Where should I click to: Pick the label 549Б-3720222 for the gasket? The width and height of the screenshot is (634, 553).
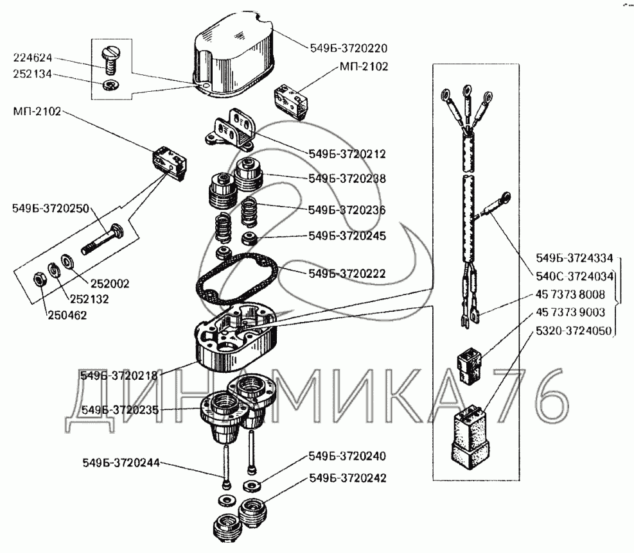347,273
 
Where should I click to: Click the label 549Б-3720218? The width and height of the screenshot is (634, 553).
120,375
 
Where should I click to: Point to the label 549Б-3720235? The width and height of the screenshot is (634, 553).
121,409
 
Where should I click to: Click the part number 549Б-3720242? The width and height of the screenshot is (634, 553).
348,479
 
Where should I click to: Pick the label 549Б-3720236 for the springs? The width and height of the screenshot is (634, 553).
347,209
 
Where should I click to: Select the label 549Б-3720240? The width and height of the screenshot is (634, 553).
348,457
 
